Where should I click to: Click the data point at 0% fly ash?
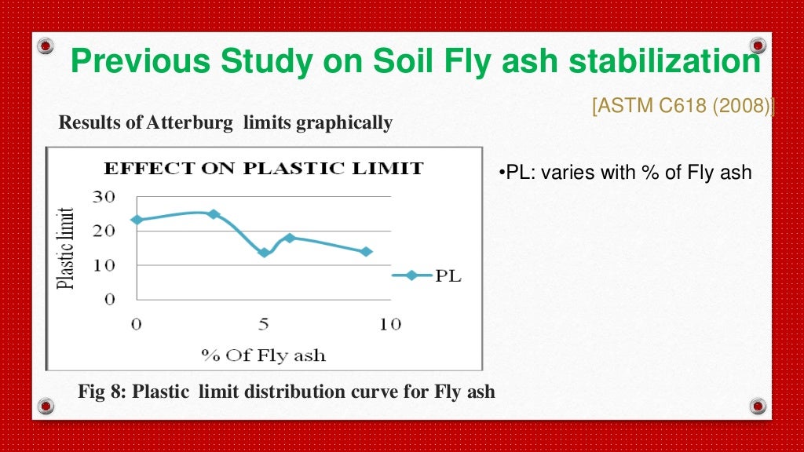tap(137, 220)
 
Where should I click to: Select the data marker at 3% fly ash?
tap(213, 214)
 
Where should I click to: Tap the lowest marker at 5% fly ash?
tap(265, 253)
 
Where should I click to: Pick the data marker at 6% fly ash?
tap(290, 238)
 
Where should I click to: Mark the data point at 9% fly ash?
tap(366, 252)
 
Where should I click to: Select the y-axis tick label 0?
tap(110, 299)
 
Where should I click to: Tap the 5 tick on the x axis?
tap(265, 324)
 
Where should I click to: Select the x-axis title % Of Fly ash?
tap(263, 355)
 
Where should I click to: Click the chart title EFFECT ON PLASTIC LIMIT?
tap(264, 169)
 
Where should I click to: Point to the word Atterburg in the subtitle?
tap(192, 123)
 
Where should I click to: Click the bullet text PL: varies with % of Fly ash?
tap(626, 173)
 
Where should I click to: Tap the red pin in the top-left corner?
tap(46, 46)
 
